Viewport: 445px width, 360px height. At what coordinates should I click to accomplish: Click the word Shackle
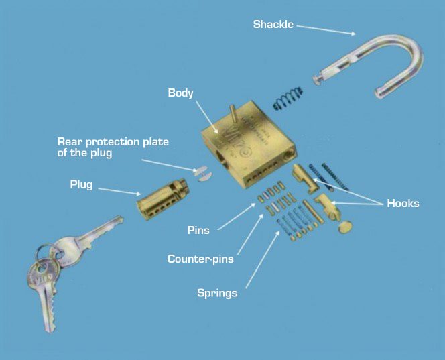point(273,25)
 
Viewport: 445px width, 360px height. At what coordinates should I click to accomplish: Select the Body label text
point(180,93)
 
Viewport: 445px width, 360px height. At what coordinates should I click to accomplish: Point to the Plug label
point(82,184)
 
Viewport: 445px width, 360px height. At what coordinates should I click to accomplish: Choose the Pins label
point(198,230)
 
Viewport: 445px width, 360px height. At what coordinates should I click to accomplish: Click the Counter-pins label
point(200,259)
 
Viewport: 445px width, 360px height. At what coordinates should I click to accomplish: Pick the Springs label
point(216,292)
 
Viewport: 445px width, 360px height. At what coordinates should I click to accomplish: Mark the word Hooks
point(403,203)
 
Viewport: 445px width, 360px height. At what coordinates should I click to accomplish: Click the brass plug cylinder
point(161,199)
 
